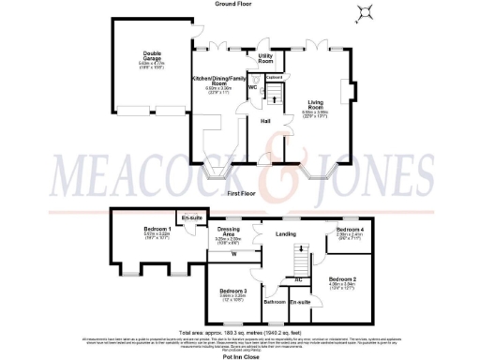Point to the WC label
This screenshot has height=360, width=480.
pyautogui.click(x=252, y=87)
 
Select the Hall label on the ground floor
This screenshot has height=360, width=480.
pyautogui.click(x=265, y=120)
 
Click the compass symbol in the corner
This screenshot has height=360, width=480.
pyautogui.click(x=364, y=12)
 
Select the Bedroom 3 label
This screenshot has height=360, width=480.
pyautogui.click(x=232, y=292)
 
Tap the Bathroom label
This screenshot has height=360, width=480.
pyautogui.click(x=274, y=303)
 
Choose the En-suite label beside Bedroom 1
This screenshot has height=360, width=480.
pyautogui.click(x=193, y=217)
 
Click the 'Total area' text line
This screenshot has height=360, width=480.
pyautogui.click(x=240, y=333)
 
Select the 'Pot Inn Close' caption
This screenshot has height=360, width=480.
pyautogui.click(x=240, y=357)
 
